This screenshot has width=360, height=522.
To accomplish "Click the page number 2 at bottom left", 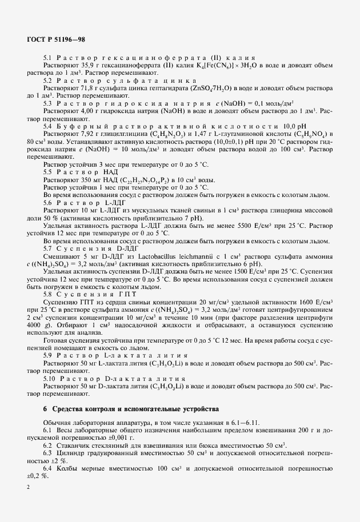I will pos(27,485).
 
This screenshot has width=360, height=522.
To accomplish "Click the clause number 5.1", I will pos(47,59).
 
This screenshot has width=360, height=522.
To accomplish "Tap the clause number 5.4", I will pos(47,125).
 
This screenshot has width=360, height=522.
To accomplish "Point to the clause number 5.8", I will pos(47,293).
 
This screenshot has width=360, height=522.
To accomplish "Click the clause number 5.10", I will pos(49,378).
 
